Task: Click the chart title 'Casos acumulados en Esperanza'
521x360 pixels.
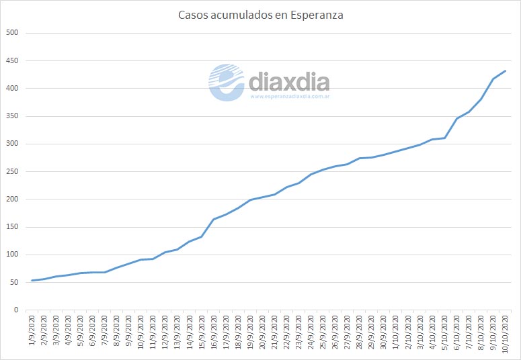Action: click(x=260, y=15)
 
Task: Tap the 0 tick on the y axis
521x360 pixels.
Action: click(x=16, y=310)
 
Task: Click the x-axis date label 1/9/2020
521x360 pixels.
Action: click(x=33, y=330)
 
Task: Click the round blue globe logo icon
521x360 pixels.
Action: click(x=227, y=82)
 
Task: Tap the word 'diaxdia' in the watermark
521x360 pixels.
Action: click(x=289, y=82)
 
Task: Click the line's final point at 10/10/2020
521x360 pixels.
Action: click(x=505, y=71)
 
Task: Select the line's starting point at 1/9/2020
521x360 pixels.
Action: click(x=33, y=281)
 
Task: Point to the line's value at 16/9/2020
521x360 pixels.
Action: click(x=214, y=220)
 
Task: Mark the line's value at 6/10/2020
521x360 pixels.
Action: click(x=457, y=119)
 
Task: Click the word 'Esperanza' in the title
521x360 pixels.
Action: click(x=316, y=15)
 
